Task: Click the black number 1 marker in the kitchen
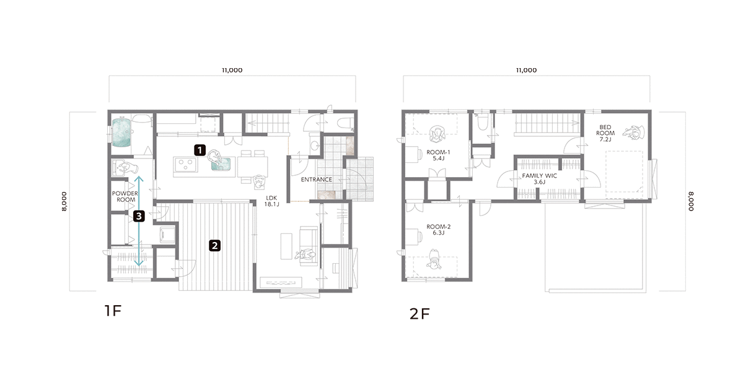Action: pos(200,150)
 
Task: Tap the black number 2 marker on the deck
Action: pos(214,245)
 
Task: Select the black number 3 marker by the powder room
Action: pos(139,216)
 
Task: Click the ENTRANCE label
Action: pos(316,180)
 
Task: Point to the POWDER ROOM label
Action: pos(125,196)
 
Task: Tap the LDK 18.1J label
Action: pos(271,201)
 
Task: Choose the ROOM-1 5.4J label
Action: pos(438,155)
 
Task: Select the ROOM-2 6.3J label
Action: pos(438,230)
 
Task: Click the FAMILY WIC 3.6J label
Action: pos(539,179)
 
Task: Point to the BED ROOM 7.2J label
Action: pos(605,133)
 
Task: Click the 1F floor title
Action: pos(113,310)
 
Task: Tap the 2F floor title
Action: pos(420,314)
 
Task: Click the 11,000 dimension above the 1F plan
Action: pos(232,70)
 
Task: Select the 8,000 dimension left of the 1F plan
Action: pos(64,201)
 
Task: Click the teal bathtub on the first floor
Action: pos(121,132)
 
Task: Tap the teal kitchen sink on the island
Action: pos(221,164)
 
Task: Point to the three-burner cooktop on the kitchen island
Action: pos(185,165)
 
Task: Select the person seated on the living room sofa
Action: pos(305,255)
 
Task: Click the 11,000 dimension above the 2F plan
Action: pos(527,70)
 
